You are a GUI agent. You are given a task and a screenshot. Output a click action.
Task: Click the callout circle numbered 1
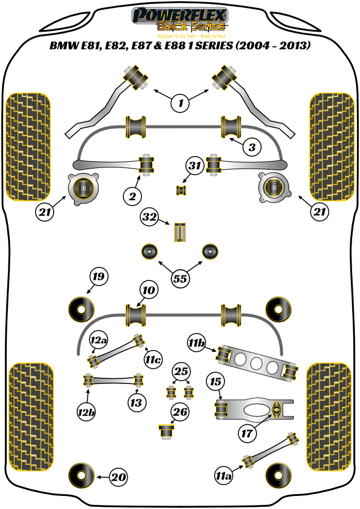coord(180,102)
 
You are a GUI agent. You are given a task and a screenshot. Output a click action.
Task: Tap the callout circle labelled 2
coord(132,196)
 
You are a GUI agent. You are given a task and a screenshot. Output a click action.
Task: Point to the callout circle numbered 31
coord(195,166)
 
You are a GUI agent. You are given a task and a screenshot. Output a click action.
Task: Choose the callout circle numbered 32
coord(150,217)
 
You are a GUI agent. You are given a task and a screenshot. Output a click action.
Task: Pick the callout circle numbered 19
coord(98,277)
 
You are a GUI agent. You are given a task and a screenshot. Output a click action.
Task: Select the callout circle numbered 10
coord(148,291)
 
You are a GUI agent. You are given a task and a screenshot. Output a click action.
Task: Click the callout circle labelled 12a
coord(98,340)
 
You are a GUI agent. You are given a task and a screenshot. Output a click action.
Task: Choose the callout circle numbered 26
coord(180,412)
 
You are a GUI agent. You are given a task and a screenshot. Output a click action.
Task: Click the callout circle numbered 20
coord(118,477)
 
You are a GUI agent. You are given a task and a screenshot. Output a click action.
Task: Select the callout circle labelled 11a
coord(223,477)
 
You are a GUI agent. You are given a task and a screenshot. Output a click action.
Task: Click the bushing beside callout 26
coord(167,430)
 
